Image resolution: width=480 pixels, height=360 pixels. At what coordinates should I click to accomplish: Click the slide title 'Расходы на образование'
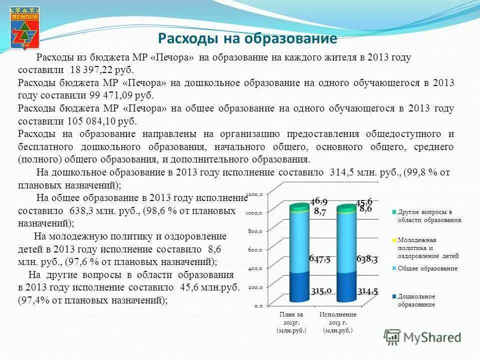point(247,38)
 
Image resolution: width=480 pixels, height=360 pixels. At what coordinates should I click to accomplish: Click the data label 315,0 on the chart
point(321,291)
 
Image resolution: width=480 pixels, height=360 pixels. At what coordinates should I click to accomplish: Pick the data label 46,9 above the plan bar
point(318,201)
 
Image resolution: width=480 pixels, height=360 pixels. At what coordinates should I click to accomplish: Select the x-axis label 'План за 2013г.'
point(291,322)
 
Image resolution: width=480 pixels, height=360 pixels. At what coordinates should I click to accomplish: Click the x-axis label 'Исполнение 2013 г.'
point(338,322)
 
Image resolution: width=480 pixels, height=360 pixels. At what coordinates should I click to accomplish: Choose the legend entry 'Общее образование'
point(427,268)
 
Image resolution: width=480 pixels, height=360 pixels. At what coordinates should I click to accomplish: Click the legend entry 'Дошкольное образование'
point(416,300)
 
